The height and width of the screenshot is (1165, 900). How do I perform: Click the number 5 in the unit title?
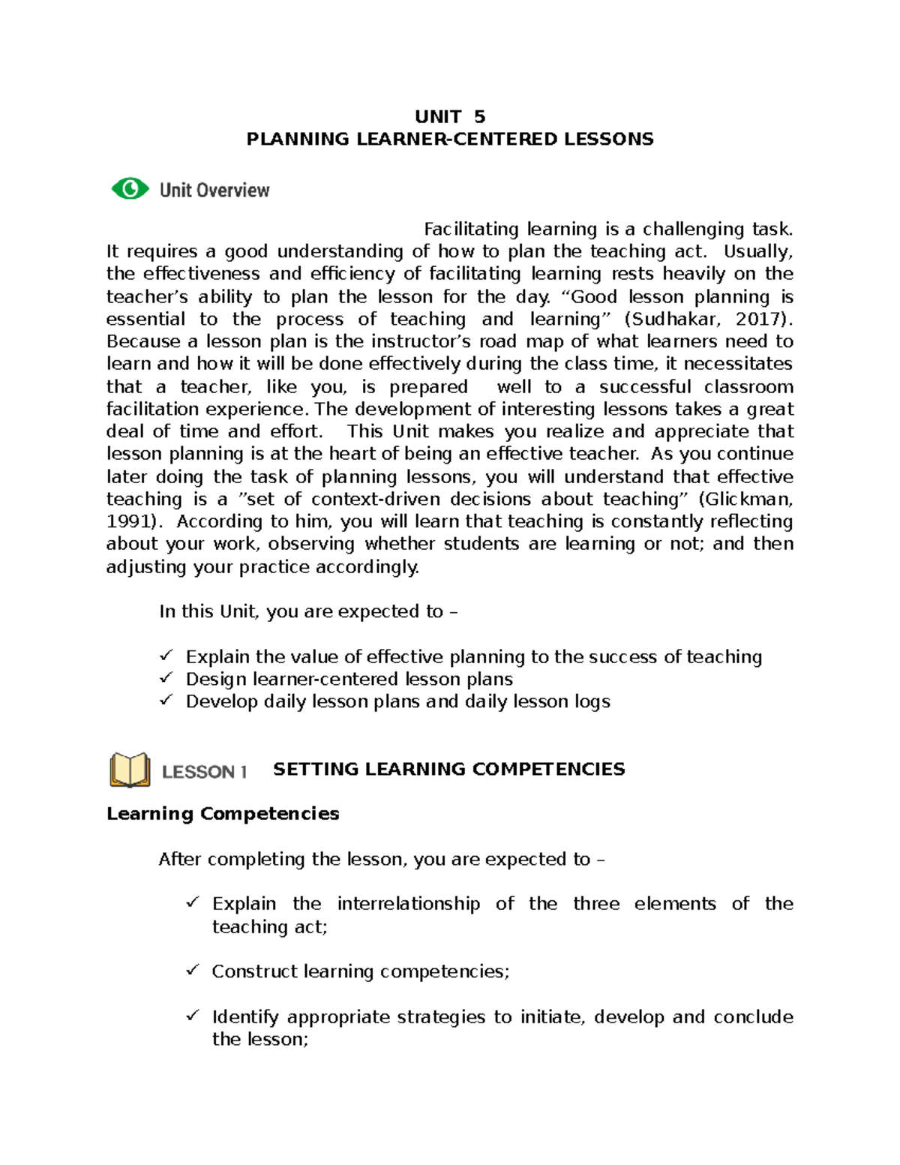479,117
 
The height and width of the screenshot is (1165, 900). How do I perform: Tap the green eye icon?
130,188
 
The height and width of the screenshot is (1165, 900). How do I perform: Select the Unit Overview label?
214,191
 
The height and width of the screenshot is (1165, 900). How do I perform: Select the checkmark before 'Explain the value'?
166,656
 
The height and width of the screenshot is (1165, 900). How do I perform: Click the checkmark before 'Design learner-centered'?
166,678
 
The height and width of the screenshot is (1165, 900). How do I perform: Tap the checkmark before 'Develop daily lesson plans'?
166,701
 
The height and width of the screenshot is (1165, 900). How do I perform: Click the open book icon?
130,770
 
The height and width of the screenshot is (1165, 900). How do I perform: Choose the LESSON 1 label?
205,772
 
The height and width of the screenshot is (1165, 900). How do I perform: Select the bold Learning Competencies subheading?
223,814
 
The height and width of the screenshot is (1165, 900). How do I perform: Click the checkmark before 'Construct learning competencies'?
193,971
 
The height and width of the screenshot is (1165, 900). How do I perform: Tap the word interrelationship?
408,904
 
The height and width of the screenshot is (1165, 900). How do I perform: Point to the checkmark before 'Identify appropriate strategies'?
193,1016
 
